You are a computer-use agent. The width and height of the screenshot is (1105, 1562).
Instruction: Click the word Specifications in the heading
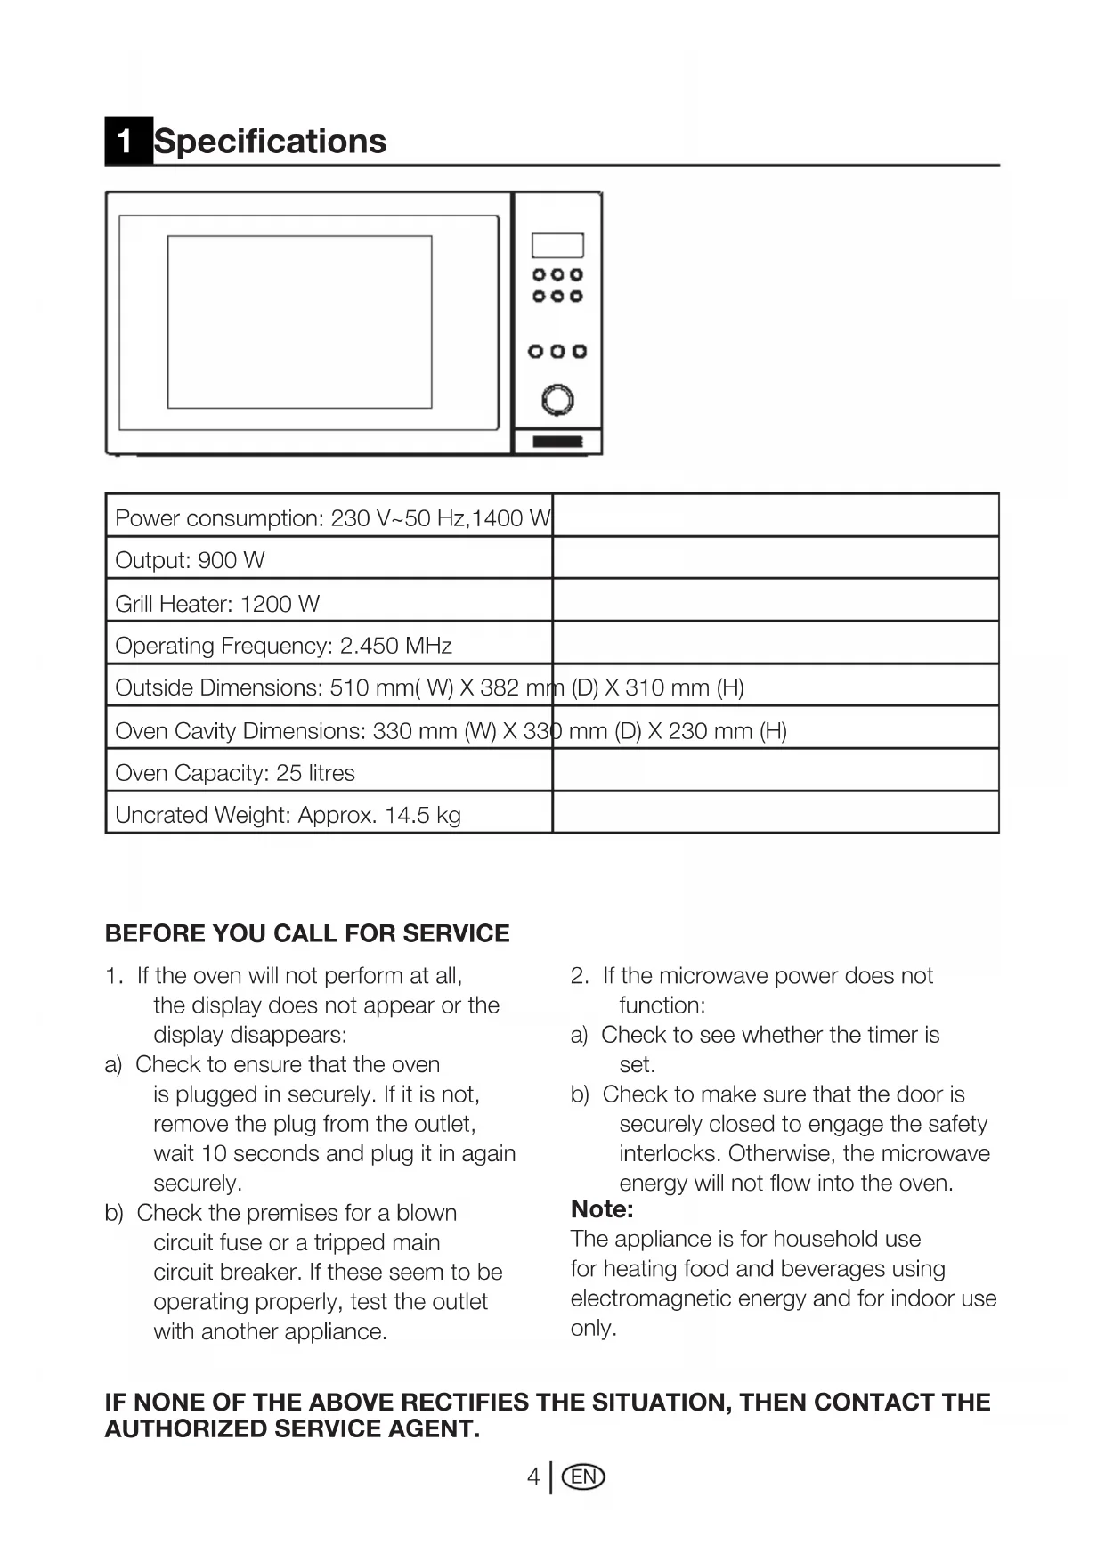(271, 141)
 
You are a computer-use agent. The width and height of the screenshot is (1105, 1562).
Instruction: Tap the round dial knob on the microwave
(557, 400)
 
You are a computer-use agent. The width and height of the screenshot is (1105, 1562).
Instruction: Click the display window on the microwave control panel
(557, 245)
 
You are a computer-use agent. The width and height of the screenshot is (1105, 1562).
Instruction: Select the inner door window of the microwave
(299, 321)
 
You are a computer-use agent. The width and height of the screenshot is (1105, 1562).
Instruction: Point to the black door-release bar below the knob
(557, 442)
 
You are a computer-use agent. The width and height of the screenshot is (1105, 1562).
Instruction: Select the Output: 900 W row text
(190, 560)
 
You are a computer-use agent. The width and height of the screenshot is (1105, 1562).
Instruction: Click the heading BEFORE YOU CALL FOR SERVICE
(307, 933)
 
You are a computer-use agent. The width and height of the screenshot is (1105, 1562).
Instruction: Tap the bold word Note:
(602, 1209)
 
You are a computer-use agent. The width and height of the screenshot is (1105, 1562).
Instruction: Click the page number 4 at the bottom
(532, 1477)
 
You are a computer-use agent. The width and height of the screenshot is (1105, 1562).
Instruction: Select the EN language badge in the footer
(584, 1477)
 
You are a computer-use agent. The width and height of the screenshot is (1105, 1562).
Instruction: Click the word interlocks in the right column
(669, 1153)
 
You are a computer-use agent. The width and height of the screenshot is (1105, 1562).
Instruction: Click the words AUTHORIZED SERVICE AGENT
(292, 1429)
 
